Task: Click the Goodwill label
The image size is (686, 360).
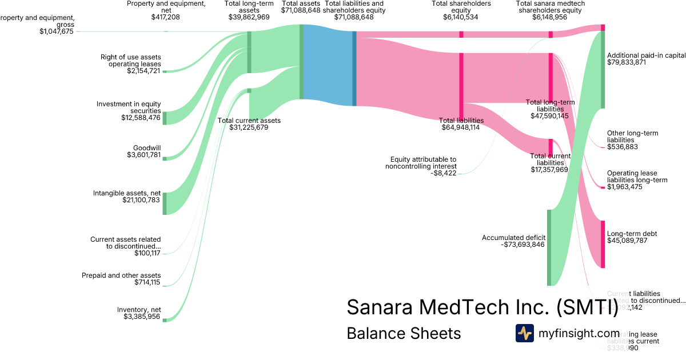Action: [147, 147]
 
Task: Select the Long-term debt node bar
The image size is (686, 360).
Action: [603, 244]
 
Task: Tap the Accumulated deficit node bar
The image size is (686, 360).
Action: [549, 247]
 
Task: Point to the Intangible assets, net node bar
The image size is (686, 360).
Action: [165, 203]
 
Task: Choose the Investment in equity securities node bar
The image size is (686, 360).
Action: [165, 118]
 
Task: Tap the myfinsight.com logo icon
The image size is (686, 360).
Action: [524, 333]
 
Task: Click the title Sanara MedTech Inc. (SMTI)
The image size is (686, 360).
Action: [482, 307]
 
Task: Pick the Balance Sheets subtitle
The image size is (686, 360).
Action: [404, 333]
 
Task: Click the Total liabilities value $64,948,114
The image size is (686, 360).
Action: [461, 127]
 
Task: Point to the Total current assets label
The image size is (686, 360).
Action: [249, 121]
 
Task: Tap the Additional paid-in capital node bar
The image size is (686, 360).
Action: [603, 69]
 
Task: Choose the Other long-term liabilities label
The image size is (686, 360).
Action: [632, 137]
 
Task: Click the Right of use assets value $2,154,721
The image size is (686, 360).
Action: [144, 71]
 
